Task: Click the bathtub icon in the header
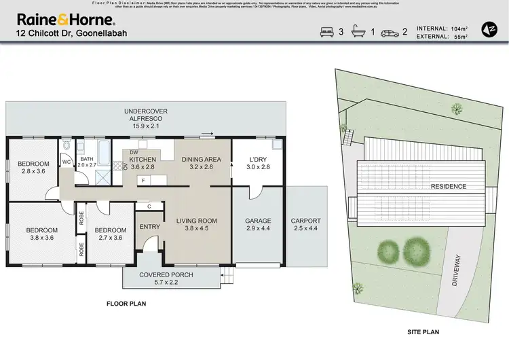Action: pyautogui.click(x=359, y=32)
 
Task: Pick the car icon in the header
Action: pyautogui.click(x=390, y=32)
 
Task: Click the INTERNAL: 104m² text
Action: pyautogui.click(x=441, y=28)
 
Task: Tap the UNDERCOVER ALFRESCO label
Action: pyautogui.click(x=145, y=118)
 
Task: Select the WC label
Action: pyautogui.click(x=67, y=162)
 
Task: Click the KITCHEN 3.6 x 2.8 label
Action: pyautogui.click(x=143, y=162)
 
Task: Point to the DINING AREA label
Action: pyautogui.click(x=202, y=162)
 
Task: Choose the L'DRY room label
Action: pyautogui.click(x=257, y=162)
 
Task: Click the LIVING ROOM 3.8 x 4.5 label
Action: pyautogui.click(x=197, y=224)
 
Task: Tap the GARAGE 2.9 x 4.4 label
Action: pyautogui.click(x=258, y=224)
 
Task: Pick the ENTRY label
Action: pyautogui.click(x=149, y=227)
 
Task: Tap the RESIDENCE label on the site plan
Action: pyautogui.click(x=448, y=186)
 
